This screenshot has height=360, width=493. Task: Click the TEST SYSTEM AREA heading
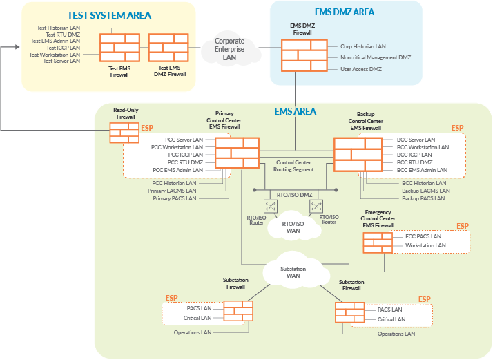[x=109, y=15]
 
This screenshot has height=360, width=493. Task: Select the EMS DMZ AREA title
[x=345, y=12]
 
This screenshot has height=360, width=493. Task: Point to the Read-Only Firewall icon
[x=124, y=132]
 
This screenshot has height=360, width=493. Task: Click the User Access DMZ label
[x=361, y=69]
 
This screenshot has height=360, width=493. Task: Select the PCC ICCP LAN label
[x=185, y=155]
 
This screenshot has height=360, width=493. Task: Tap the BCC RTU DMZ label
[x=414, y=162]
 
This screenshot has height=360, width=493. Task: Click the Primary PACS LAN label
[x=175, y=198]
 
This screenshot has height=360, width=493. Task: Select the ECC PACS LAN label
[x=423, y=237]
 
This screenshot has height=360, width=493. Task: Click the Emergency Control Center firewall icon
[x=378, y=242]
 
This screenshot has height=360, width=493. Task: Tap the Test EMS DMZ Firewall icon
[x=168, y=48]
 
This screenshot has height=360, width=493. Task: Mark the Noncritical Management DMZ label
[x=376, y=57]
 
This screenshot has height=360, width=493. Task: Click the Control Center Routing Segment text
[x=295, y=166]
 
